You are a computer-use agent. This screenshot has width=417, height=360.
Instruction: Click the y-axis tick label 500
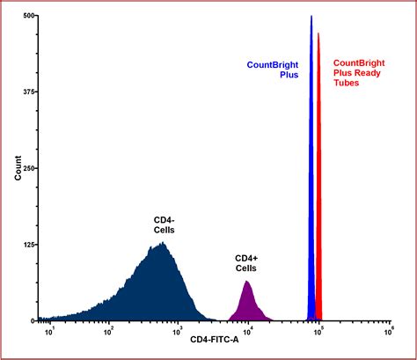pyautogui.click(x=29, y=16)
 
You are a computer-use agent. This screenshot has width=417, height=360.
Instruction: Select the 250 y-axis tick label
pyautogui.click(x=29, y=168)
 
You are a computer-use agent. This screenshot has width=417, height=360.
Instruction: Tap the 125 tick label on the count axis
pyautogui.click(x=29, y=245)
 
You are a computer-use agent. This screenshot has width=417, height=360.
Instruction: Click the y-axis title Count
pyautogui.click(x=18, y=168)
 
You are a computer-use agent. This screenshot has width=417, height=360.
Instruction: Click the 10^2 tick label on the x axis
pyautogui.click(x=108, y=333)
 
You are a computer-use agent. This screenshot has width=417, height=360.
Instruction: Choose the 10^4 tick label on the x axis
pyautogui.click(x=248, y=333)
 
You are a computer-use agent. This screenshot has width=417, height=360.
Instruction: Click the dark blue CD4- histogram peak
pyautogui.click(x=158, y=282)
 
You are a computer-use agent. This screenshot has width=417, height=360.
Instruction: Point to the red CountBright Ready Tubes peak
pyautogui.click(x=319, y=176)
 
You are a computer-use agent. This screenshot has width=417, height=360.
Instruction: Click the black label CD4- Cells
pyautogui.click(x=164, y=224)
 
